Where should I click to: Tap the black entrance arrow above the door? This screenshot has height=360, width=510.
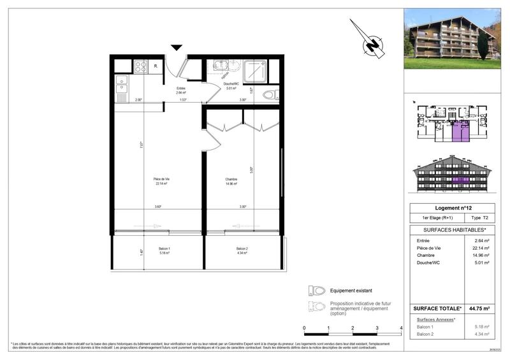pyautogui.click(x=177, y=48)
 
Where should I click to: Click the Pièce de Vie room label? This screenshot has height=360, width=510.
pyautogui.click(x=161, y=181)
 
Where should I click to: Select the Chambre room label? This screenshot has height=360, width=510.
pyautogui.click(x=231, y=181)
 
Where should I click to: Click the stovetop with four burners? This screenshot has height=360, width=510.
pyautogui.click(x=140, y=66)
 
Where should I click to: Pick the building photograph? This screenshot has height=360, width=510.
pyautogui.click(x=452, y=40)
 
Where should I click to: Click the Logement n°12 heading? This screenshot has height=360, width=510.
pyautogui.click(x=452, y=208)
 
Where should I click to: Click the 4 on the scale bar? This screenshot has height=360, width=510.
pyautogui.click(x=401, y=328)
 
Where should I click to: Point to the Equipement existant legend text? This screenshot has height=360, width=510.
pyautogui.click(x=352, y=290)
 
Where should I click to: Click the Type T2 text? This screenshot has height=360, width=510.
pyautogui.click(x=481, y=218)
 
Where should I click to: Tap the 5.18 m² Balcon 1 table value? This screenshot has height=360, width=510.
pyautogui.click(x=481, y=326)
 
